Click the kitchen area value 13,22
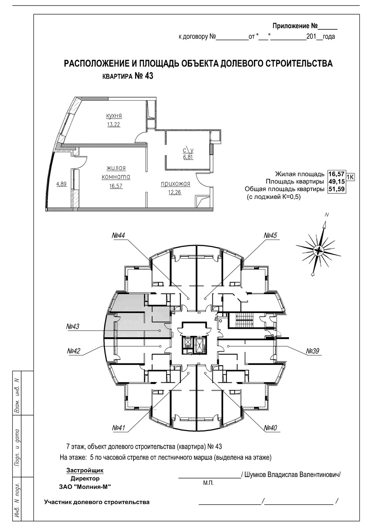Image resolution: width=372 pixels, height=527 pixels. [114, 124]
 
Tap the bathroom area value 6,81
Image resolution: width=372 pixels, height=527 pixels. [188, 157]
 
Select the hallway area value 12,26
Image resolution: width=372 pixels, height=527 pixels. [174, 192]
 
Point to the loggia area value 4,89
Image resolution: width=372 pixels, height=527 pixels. [61, 184]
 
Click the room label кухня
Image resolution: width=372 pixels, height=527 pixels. [114, 116]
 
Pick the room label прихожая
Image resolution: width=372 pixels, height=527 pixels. [175, 184]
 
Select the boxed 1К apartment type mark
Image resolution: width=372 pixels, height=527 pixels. [350, 177]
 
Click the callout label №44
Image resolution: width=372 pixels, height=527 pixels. [119, 235]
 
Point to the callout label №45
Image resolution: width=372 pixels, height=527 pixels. [270, 235]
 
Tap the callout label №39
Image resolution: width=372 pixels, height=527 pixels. [312, 351]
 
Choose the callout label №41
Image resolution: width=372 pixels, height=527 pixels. [119, 428]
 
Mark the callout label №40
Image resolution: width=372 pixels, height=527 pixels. [270, 428]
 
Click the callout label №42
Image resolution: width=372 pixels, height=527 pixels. [74, 351]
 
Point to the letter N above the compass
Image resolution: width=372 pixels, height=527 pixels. [327, 215]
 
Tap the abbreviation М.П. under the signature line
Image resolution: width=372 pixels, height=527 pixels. [208, 483]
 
